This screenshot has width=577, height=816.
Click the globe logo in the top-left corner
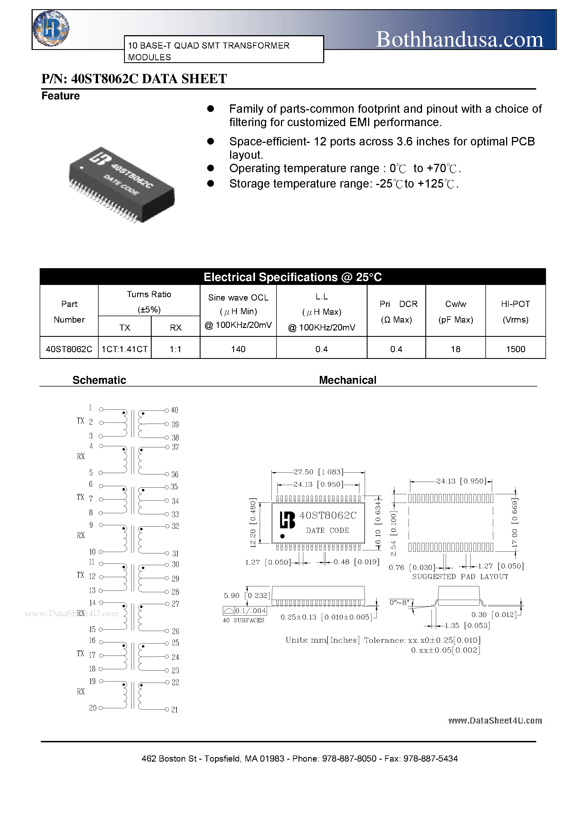[x=51, y=28]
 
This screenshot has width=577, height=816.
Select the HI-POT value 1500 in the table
[x=516, y=349]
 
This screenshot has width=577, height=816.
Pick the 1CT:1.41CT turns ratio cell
[x=125, y=349]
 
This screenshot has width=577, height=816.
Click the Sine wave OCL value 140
[x=238, y=349]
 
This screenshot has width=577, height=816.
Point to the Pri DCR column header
[x=396, y=311]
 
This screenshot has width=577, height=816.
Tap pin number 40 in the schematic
[x=174, y=410]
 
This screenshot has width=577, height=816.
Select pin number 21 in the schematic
[x=174, y=710]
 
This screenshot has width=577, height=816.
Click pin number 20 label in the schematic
[x=93, y=708]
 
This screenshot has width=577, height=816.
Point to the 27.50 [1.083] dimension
[x=318, y=472]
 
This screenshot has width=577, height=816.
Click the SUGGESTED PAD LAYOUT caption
[x=460, y=577]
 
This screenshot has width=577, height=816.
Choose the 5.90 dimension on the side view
[x=231, y=595]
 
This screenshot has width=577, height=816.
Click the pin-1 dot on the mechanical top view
[x=282, y=536]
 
